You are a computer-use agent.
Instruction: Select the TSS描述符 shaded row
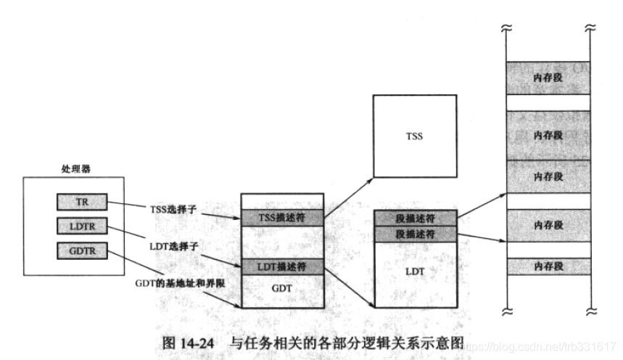(x=281, y=217)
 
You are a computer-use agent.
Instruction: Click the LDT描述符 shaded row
(x=281, y=266)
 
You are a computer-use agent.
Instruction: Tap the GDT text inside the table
(x=281, y=287)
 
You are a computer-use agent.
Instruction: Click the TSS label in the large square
(x=415, y=136)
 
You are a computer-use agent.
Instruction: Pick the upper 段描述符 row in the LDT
(x=415, y=218)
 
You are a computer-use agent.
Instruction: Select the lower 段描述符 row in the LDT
(x=415, y=234)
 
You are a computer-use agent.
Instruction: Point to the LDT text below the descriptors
(x=415, y=271)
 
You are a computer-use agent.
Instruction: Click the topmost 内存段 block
(x=548, y=75)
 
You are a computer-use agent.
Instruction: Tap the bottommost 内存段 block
(x=548, y=266)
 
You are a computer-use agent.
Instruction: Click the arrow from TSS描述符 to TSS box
(x=348, y=195)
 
